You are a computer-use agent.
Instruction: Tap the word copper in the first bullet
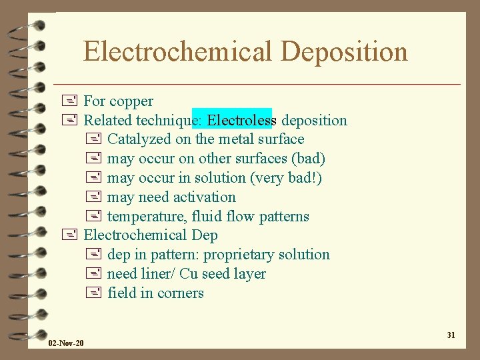[131, 101]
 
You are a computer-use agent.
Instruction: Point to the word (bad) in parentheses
[308, 159]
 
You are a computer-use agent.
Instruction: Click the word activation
[205, 197]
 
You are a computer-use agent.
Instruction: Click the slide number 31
[451, 335]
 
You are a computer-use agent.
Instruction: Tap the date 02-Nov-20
[66, 343]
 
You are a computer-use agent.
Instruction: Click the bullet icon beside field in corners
[93, 293]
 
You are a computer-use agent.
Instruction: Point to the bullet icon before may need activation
[93, 197]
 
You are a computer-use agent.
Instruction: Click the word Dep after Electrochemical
[205, 235]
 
